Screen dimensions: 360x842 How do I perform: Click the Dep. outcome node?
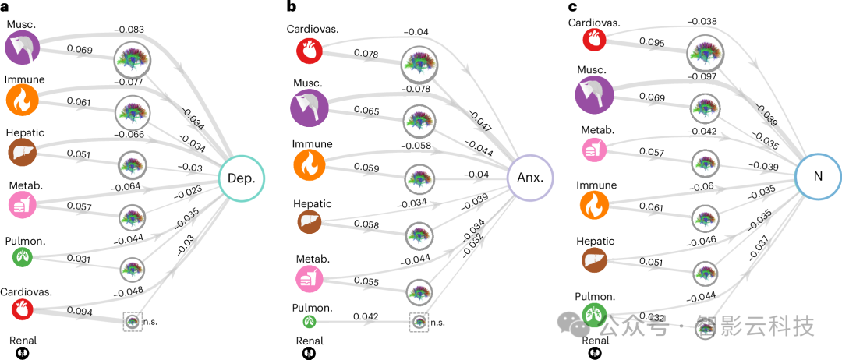pyautogui.click(x=242, y=177)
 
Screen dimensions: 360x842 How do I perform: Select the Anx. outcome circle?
pyautogui.click(x=530, y=177)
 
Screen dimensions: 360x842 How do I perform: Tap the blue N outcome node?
pyautogui.click(x=818, y=176)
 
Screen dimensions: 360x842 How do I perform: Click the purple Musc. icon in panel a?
pyautogui.click(x=23, y=48)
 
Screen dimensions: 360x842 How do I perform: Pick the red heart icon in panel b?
pyautogui.click(x=310, y=52)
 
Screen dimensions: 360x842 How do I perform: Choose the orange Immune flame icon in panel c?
pyautogui.click(x=595, y=205)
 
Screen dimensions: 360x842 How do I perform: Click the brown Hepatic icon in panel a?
pyautogui.click(x=23, y=154)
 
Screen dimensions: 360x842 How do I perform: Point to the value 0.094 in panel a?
pyautogui.click(x=80, y=312)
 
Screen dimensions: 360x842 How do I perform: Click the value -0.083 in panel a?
pyautogui.click(x=129, y=30)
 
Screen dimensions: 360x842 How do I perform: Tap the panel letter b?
pyautogui.click(x=292, y=7)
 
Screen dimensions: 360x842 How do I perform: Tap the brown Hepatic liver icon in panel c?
pyautogui.click(x=595, y=259)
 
